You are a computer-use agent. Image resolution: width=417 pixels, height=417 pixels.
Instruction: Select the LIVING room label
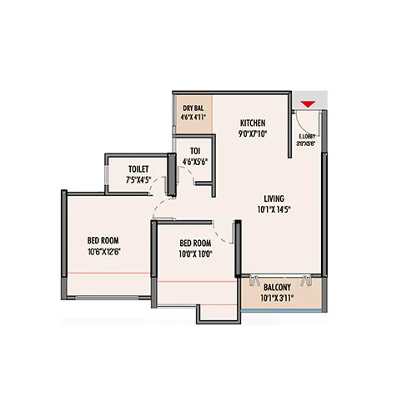coord(274,198)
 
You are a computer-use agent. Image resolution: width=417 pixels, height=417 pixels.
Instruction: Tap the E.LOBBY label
coord(308,133)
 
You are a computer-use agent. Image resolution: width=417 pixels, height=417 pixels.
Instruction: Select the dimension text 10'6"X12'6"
coord(105,251)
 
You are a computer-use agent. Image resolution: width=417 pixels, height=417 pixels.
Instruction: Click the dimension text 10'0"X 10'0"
coord(195,254)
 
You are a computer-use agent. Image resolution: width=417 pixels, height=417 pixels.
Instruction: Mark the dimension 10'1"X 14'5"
coord(274,209)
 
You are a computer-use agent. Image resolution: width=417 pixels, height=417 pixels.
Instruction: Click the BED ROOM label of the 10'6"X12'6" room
coord(105,240)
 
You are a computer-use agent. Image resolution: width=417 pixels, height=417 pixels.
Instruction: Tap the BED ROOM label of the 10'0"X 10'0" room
coord(195,244)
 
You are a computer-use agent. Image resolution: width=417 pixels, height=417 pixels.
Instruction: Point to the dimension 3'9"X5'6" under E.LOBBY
coord(308,142)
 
